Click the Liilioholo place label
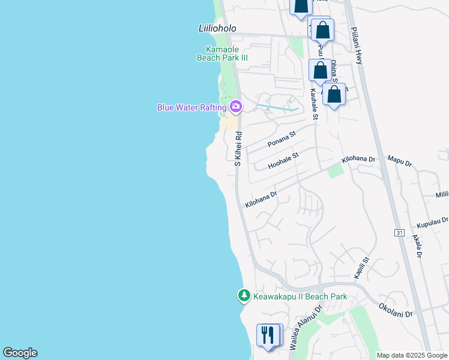[x=217, y=28]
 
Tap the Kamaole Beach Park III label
[x=222, y=53]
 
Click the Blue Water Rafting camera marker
[x=236, y=107]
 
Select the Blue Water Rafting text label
[x=191, y=107]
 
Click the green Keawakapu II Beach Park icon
[x=244, y=296]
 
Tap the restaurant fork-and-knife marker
[x=268, y=334]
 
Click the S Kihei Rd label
[x=238, y=149]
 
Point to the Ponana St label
[x=282, y=140]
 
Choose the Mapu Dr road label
[x=399, y=163]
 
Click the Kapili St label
[x=361, y=268]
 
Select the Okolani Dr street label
[x=396, y=310]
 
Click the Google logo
[x=20, y=353]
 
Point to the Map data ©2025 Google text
[x=411, y=355]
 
